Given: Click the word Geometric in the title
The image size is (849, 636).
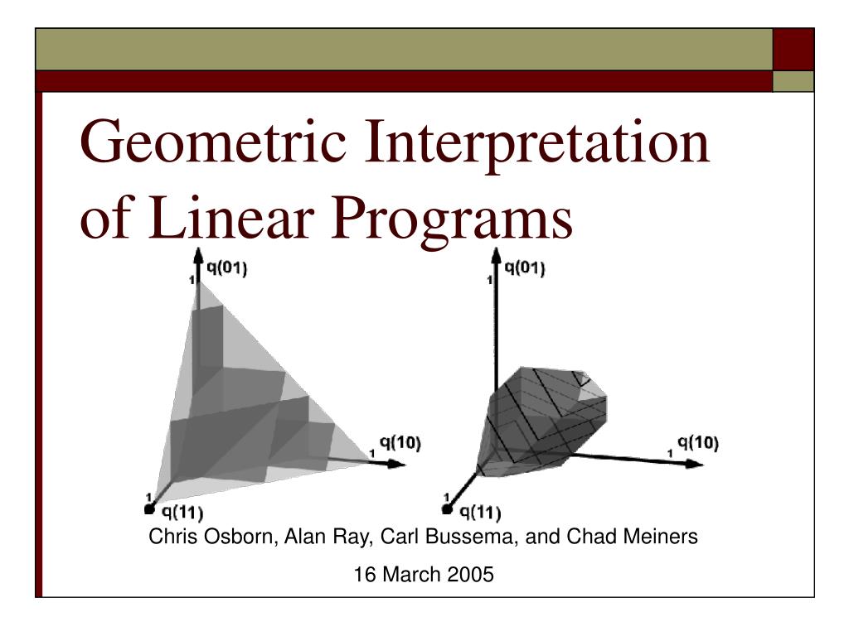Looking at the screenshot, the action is (x=213, y=142).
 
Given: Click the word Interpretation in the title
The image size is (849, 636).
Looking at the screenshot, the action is (x=536, y=142).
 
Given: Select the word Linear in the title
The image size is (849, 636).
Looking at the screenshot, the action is (x=231, y=218).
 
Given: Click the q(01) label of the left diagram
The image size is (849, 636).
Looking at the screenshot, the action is (x=227, y=268).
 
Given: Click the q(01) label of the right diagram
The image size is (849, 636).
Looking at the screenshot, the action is (x=524, y=268).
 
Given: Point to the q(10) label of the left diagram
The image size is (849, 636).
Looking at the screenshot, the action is (x=400, y=443).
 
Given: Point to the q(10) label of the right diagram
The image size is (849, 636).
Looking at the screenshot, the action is (x=698, y=443).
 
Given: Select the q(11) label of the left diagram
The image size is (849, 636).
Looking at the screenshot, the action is (x=182, y=512).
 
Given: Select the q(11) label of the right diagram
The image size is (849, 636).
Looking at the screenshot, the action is (x=480, y=512).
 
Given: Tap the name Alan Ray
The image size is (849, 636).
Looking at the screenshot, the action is (x=328, y=537).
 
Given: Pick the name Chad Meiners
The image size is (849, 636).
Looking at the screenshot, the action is (x=632, y=537).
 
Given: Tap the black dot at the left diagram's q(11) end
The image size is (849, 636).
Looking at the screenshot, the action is (x=150, y=509).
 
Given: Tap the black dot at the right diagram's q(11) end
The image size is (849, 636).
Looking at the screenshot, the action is (x=447, y=509).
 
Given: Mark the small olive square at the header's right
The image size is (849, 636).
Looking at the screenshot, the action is (x=793, y=82).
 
